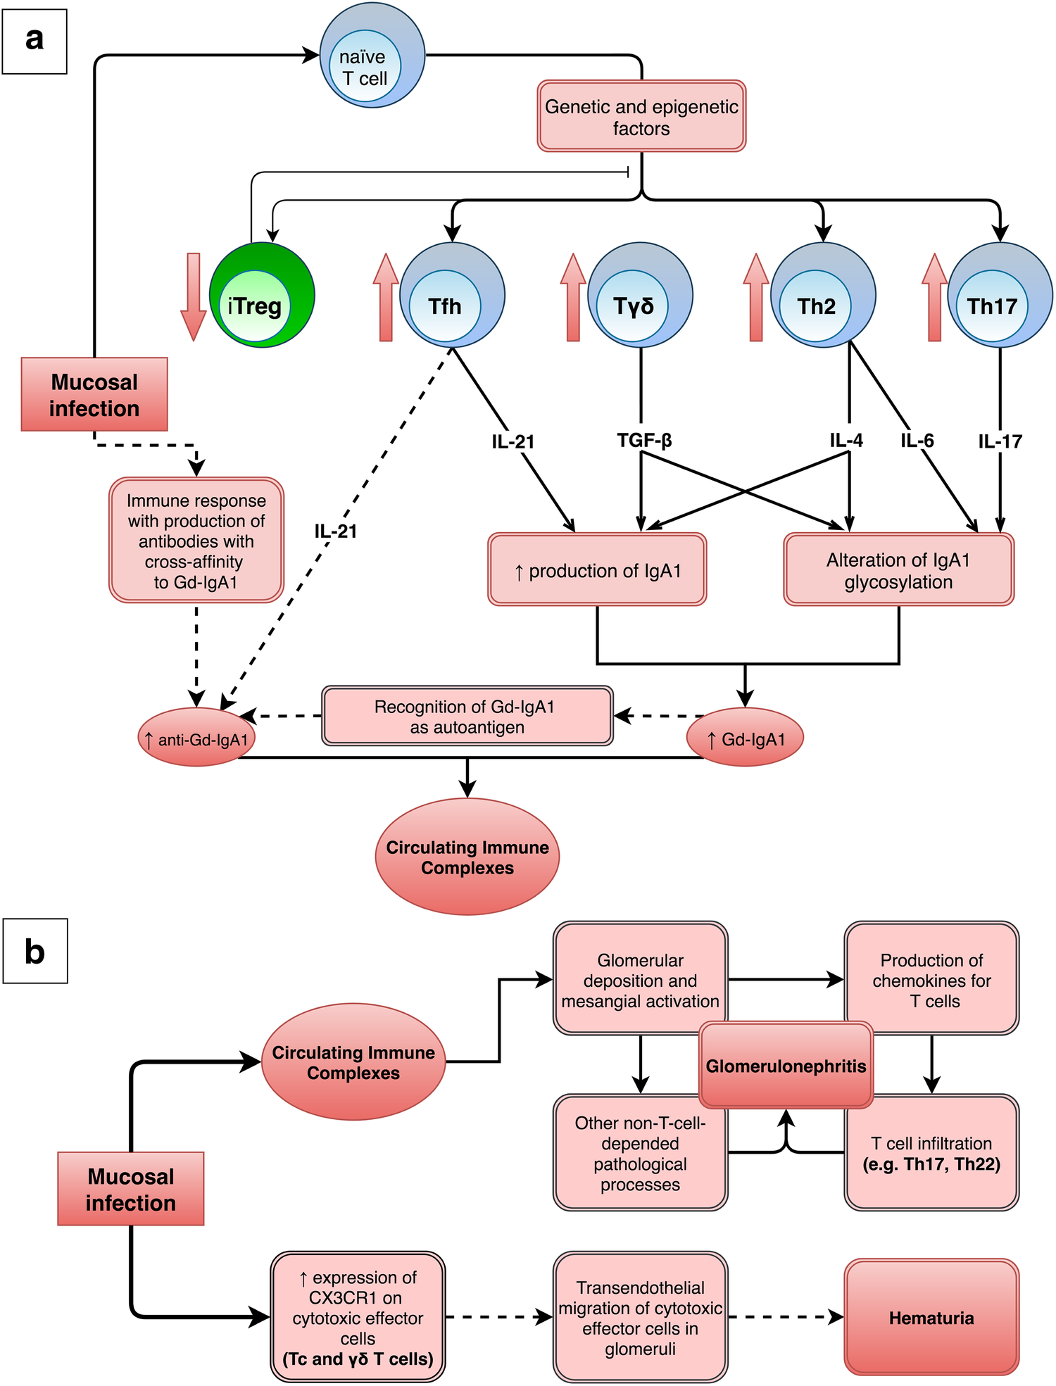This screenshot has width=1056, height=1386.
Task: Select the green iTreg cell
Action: click(x=262, y=296)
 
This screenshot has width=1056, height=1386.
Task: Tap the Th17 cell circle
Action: click(x=1000, y=295)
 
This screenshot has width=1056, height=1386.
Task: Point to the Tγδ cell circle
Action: click(x=640, y=295)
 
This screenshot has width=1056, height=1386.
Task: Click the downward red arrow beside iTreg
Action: click(x=193, y=296)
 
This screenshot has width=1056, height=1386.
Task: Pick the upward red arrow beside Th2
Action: click(x=755, y=298)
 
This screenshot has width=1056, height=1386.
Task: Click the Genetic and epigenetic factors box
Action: click(x=641, y=116)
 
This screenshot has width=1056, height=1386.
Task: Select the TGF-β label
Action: click(x=644, y=441)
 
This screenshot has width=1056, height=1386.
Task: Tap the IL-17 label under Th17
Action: click(x=1000, y=441)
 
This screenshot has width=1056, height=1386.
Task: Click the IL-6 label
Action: click(x=917, y=441)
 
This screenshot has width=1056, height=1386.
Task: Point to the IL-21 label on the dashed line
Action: click(x=336, y=531)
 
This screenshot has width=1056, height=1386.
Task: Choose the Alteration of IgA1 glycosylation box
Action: click(x=898, y=569)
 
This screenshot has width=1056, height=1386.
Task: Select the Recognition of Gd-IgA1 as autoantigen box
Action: click(x=467, y=716)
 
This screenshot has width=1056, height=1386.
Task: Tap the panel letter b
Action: click(x=34, y=950)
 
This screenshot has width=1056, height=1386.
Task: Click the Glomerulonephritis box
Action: click(x=786, y=1066)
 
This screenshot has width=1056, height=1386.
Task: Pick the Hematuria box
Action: click(x=931, y=1317)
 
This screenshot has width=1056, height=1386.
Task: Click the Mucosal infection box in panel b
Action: click(x=130, y=1189)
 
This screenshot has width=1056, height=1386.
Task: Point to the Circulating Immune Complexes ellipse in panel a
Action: click(x=467, y=857)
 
